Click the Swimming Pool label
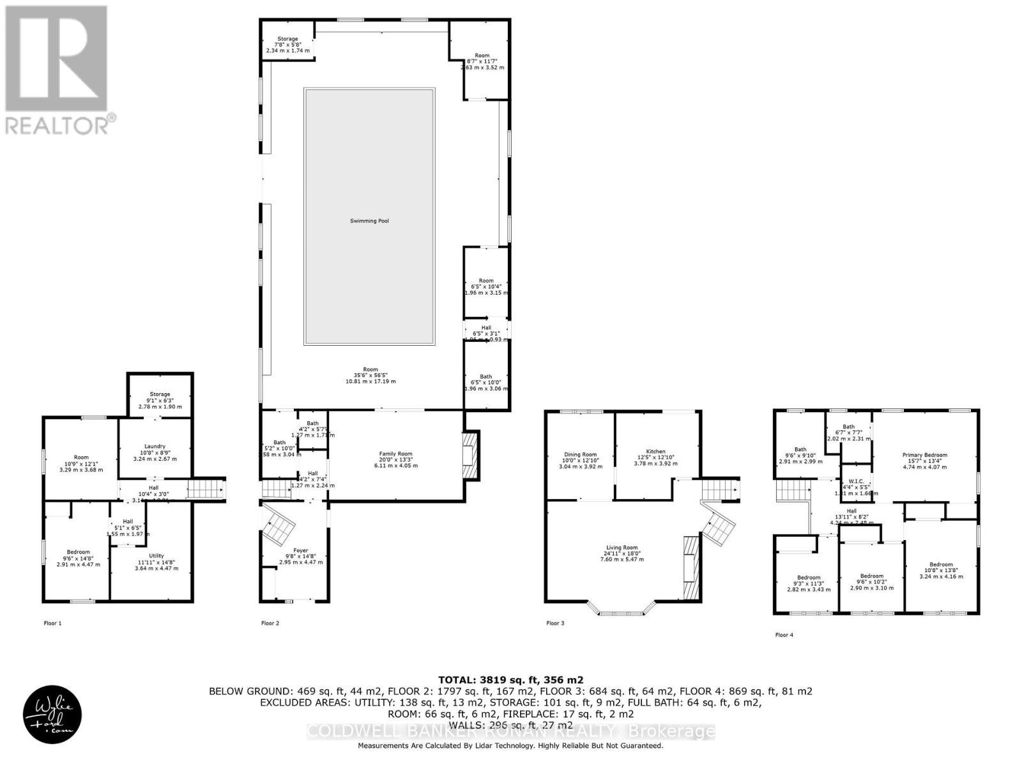[369, 221]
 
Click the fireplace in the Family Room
[470, 455]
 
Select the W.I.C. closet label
[851, 486]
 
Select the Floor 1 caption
[52, 623]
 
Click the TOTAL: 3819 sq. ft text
[510, 680]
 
